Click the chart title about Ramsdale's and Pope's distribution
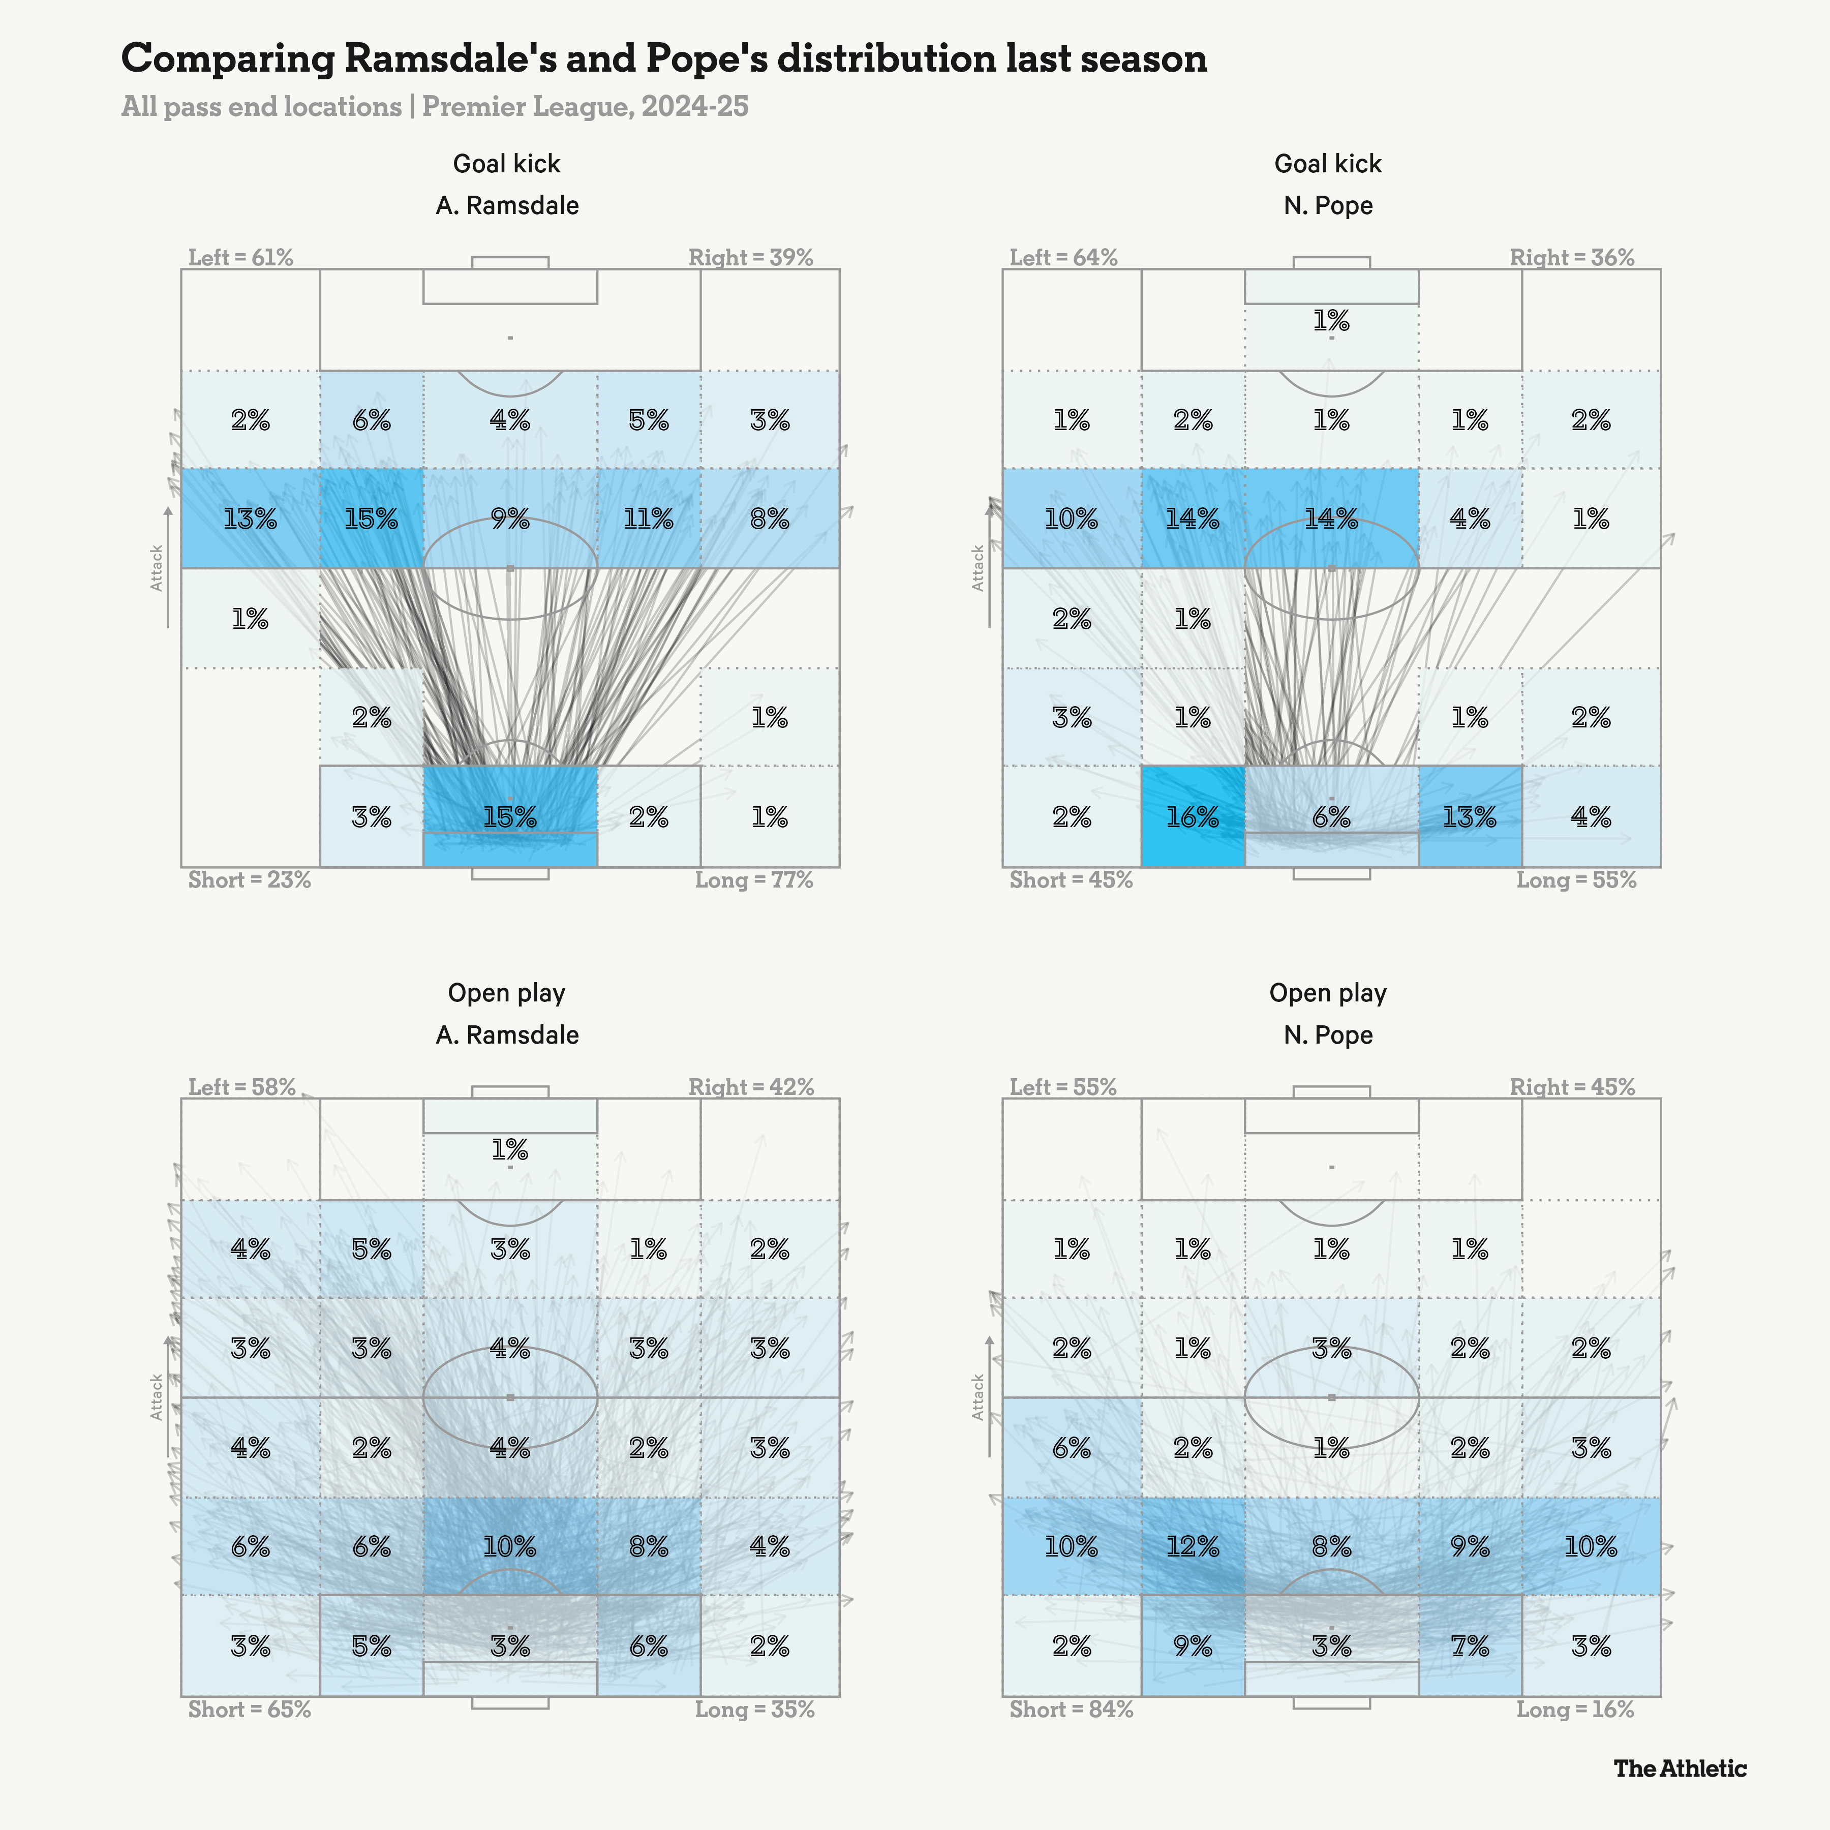[663, 59]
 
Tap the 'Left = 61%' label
[240, 258]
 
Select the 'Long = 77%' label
[754, 880]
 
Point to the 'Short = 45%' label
[1071, 880]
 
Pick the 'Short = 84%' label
[1071, 1710]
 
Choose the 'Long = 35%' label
[754, 1710]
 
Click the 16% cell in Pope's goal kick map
[1193, 816]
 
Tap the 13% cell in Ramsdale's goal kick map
[250, 518]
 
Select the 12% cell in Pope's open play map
[1193, 1547]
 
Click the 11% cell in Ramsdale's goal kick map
[649, 518]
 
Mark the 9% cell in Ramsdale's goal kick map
[509, 518]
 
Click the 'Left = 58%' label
[241, 1087]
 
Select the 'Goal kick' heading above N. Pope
[1327, 164]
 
